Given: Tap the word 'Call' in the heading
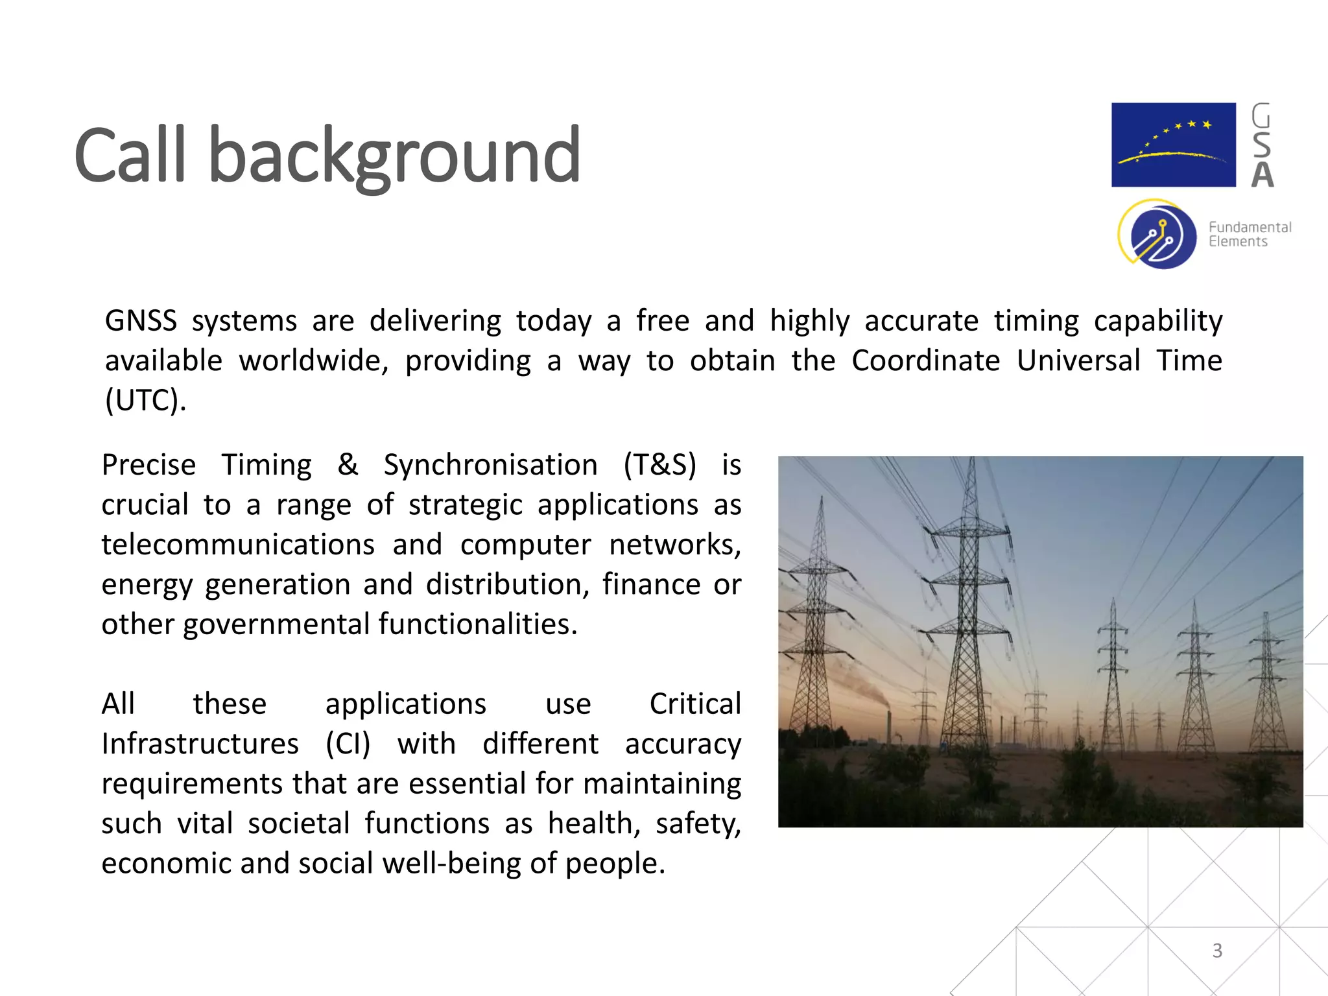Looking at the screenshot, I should coord(130,156).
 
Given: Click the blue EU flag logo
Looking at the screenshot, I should coord(1173,145).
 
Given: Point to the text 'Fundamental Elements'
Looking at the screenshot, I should coord(1249,234).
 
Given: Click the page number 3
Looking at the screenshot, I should coord(1217,951).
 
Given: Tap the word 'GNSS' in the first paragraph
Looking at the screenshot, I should coord(141,321).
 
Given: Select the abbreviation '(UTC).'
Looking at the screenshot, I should coord(146,400).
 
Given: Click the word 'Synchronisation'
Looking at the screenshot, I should coord(490,466).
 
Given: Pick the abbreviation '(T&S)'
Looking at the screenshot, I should coord(660,466).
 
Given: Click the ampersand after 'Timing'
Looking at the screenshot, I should coord(348,464).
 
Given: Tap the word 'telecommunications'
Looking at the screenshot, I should coord(238,545).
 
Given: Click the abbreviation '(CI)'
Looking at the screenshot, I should coord(348,744).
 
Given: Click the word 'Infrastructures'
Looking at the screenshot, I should coord(200,744).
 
